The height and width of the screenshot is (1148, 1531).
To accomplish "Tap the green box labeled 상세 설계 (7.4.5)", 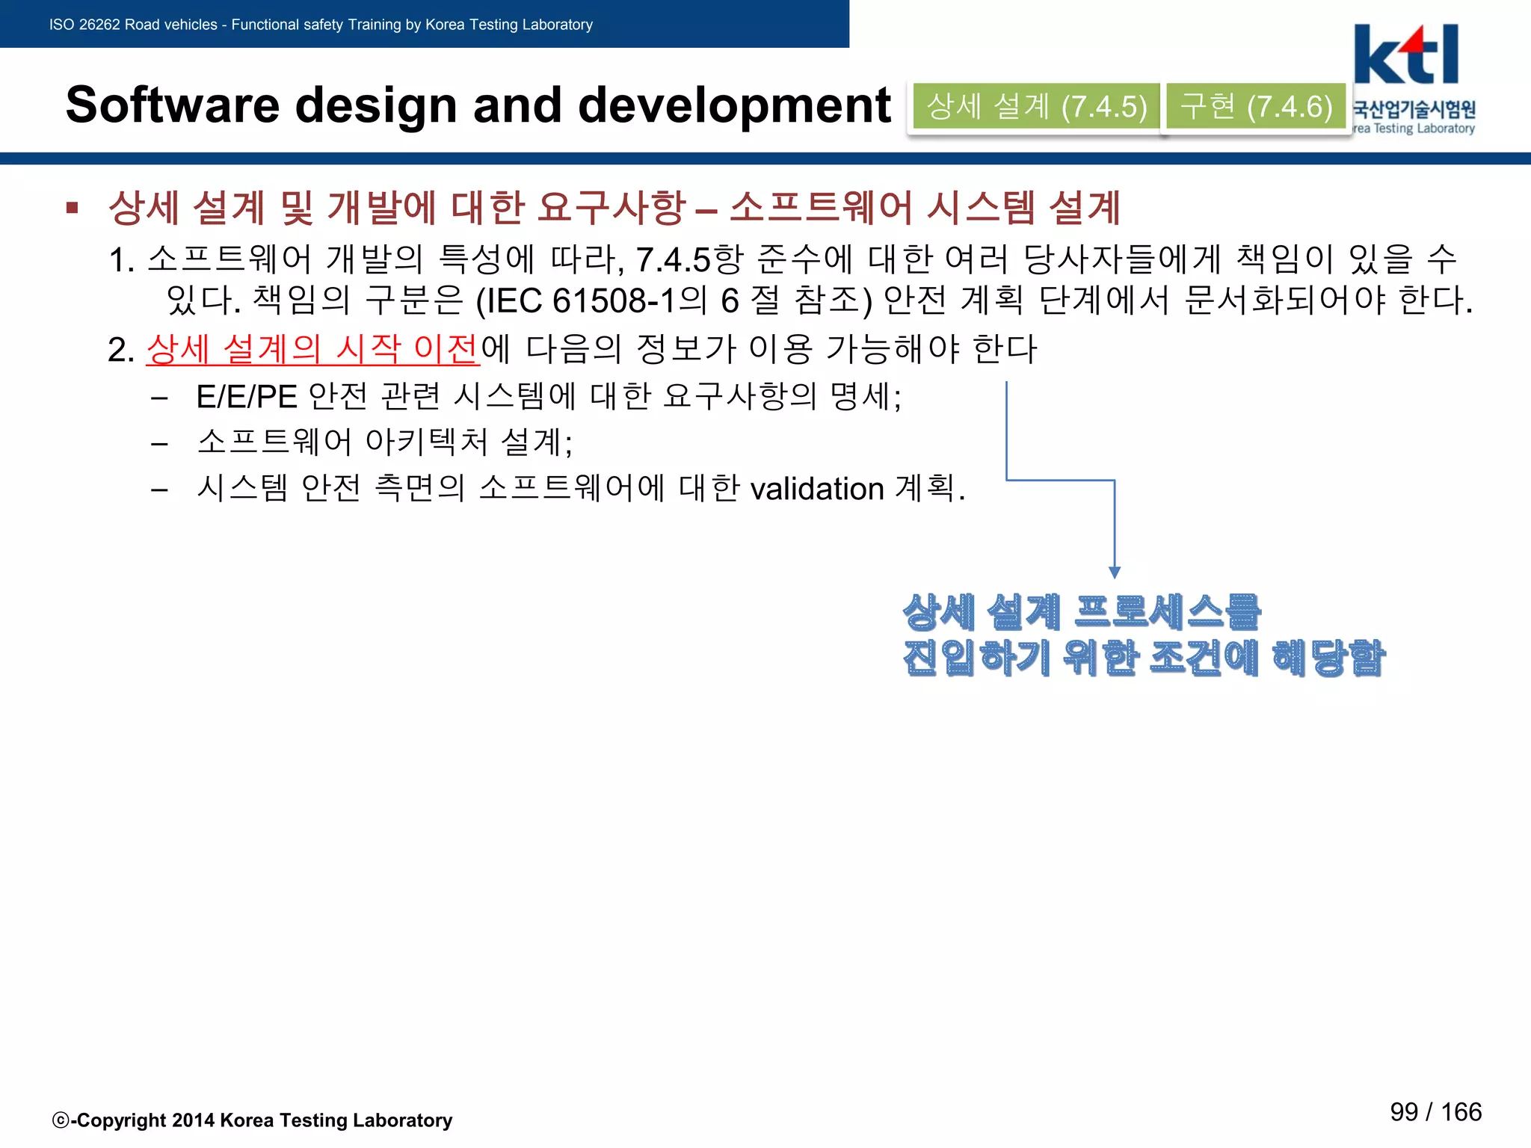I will coord(1036,107).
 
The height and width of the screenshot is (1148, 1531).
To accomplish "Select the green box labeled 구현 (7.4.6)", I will coord(1256,107).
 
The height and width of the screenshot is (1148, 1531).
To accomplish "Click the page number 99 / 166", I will coord(1435,1111).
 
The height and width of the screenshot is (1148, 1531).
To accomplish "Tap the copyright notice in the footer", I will coord(253,1120).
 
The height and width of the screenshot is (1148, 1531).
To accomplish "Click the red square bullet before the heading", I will coord(73,207).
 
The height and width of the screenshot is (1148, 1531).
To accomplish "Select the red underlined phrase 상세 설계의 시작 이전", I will coord(312,348).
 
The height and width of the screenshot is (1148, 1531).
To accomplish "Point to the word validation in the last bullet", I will coord(817,490).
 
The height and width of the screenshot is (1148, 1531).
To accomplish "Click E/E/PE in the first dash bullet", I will coord(247,397).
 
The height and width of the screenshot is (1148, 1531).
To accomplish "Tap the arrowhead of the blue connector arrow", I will coord(1115,573).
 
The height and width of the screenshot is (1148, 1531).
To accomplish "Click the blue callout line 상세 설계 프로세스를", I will coord(1082,612).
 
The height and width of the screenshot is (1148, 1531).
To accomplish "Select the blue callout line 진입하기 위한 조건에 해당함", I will coord(1143,658).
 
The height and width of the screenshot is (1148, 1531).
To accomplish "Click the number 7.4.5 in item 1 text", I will coord(673,260).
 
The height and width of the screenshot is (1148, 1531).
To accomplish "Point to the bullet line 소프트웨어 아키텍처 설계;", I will coord(384,442).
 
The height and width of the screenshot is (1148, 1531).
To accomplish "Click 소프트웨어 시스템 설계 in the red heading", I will coord(924,207).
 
